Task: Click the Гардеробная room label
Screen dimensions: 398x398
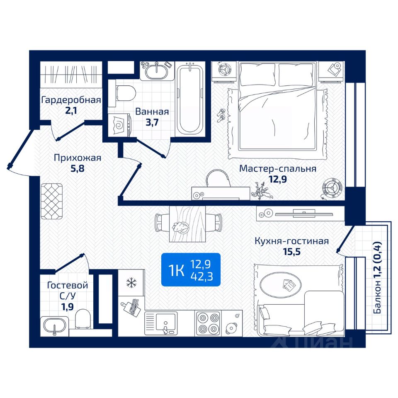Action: click(71, 100)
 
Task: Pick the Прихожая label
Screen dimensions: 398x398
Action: click(78, 158)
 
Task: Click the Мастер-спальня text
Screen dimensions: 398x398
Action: click(278, 169)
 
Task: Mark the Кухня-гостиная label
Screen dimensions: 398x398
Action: click(291, 241)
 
